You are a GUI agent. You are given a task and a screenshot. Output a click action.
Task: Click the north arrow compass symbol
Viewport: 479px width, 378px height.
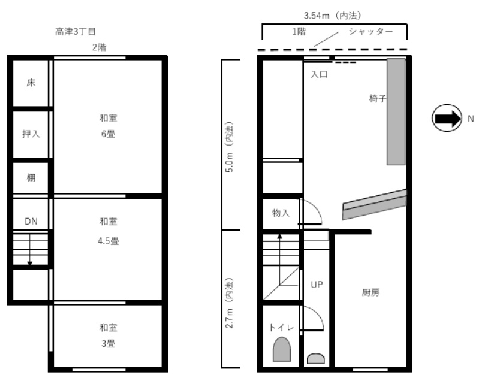(447, 118)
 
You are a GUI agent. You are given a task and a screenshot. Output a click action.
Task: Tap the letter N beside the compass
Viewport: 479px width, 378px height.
(471, 119)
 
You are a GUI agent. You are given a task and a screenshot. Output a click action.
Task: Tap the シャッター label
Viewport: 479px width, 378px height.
(371, 31)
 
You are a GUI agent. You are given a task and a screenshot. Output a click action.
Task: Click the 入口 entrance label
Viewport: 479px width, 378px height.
(319, 74)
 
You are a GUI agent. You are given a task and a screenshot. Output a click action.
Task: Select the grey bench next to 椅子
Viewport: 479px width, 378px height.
(396, 112)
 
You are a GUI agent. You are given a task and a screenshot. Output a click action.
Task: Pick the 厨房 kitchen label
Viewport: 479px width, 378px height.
(370, 292)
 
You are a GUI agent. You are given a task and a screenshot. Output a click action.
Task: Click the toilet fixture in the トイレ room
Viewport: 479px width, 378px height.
(282, 349)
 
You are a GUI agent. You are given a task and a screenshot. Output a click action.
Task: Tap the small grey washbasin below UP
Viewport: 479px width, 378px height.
(315, 358)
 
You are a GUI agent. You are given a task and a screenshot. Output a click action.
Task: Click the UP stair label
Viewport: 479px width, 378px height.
(317, 285)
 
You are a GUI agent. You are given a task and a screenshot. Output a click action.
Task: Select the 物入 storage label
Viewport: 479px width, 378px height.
(281, 213)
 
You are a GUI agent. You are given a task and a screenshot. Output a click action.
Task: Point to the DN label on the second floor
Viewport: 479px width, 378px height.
(31, 222)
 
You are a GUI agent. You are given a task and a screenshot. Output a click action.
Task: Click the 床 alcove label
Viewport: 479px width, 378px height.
(31, 83)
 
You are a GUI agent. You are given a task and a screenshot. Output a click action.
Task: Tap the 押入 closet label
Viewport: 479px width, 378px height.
(31, 134)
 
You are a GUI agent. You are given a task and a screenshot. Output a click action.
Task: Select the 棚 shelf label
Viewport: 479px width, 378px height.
(31, 177)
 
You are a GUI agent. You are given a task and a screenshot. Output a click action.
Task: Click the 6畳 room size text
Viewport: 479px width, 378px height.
(108, 134)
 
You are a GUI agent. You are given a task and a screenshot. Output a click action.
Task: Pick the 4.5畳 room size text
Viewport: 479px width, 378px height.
(108, 241)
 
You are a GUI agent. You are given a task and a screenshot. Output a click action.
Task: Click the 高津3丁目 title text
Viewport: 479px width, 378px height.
(76, 31)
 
